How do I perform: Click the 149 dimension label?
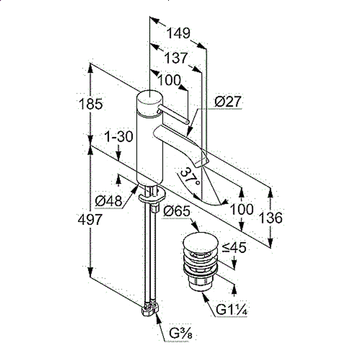pyautogui.click(x=178, y=33)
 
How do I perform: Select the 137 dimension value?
pyautogui.click(x=176, y=58)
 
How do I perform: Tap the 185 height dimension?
pyautogui.click(x=91, y=104)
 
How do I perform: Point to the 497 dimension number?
pyautogui.click(x=90, y=219)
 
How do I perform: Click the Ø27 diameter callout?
pyautogui.click(x=228, y=101)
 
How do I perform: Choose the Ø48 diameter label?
pyautogui.click(x=108, y=201)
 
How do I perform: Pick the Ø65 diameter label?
pyautogui.click(x=177, y=211)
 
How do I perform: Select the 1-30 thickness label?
pyautogui.click(x=119, y=136)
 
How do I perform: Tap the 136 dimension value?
pyautogui.click(x=271, y=218)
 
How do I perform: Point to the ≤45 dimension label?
pyautogui.click(x=234, y=248)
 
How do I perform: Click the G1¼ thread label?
pyautogui.click(x=232, y=309)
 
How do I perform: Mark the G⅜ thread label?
pyautogui.click(x=181, y=333)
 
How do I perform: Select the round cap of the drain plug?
pyautogui.click(x=201, y=242)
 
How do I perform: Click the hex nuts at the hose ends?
pyautogui.click(x=150, y=308)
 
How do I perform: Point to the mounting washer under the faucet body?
pyautogui.click(x=152, y=195)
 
